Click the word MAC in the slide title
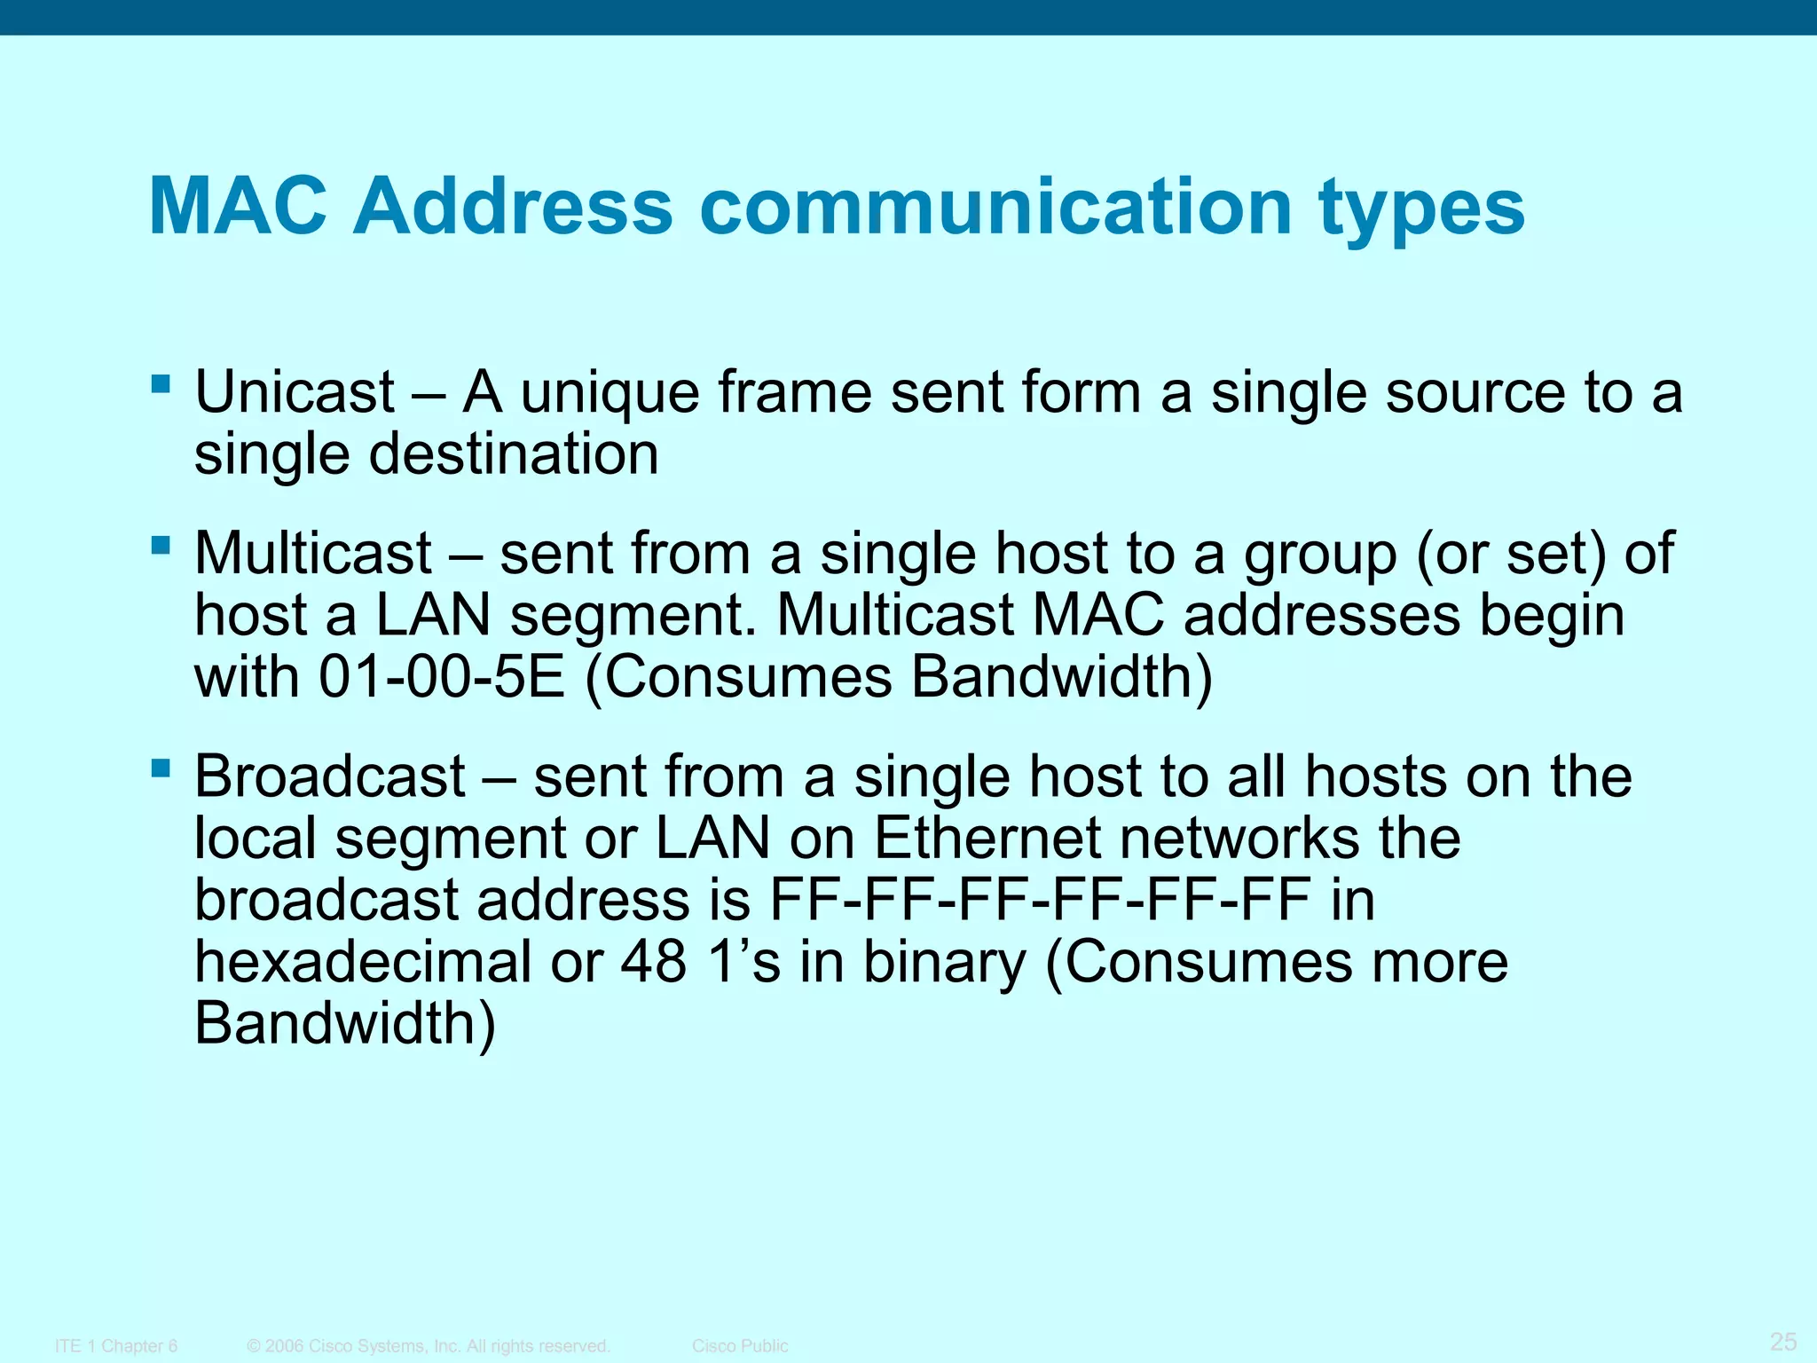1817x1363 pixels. point(238,207)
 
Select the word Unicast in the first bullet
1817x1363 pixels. point(295,391)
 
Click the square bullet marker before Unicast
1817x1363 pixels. point(161,383)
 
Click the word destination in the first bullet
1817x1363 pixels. point(513,453)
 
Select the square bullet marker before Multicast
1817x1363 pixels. point(161,544)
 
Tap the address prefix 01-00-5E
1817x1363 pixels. point(441,677)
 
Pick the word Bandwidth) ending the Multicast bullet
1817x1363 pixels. point(1061,677)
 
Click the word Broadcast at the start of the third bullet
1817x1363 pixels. point(329,776)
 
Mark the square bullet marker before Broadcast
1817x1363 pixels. point(161,768)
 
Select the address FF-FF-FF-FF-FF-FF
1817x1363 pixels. point(1039,899)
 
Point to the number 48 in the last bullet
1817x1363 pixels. point(653,961)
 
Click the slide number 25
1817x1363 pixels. point(1782,1341)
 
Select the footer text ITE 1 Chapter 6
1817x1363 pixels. point(116,1346)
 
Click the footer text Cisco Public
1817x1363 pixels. point(739,1346)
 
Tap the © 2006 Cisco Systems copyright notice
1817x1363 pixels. point(429,1346)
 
